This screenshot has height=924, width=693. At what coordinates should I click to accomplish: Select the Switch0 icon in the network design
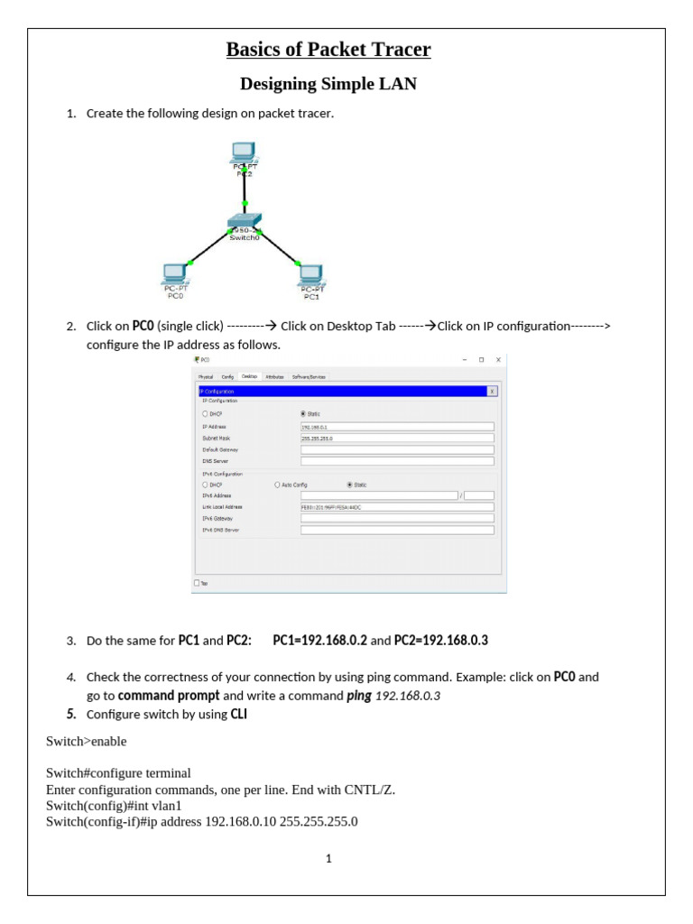[x=244, y=221]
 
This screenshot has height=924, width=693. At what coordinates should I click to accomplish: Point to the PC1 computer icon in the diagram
[x=311, y=274]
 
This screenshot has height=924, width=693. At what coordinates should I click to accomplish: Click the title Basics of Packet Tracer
[x=328, y=49]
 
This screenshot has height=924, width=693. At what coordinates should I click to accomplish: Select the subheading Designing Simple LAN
[x=328, y=84]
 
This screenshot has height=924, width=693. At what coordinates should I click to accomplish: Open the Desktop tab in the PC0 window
[x=250, y=376]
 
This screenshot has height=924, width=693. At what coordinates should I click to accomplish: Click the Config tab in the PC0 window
[x=227, y=376]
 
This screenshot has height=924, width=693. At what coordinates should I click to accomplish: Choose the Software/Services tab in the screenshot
[x=309, y=376]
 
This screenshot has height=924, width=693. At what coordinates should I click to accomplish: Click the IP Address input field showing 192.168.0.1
[x=397, y=427]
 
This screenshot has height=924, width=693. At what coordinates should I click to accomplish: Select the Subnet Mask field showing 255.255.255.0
[x=397, y=439]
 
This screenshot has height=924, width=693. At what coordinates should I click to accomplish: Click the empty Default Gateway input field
[x=397, y=449]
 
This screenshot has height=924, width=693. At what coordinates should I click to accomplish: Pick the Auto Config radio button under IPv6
[x=278, y=485]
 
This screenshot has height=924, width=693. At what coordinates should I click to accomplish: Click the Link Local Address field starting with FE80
[x=397, y=507]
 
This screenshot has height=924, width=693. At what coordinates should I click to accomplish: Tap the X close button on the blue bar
[x=492, y=392]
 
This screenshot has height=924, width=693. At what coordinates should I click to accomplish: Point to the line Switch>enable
[x=87, y=742]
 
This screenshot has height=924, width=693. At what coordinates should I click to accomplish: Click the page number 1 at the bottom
[x=329, y=858]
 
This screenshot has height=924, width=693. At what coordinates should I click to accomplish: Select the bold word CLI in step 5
[x=239, y=714]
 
